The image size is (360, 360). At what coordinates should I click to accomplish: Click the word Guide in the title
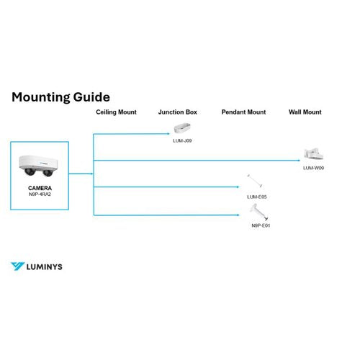[x=91, y=97]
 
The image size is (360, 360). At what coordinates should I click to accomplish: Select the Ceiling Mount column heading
[x=116, y=112]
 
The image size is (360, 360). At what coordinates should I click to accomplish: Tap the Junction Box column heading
[x=178, y=112]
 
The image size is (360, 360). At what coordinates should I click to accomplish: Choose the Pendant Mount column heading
[x=243, y=112]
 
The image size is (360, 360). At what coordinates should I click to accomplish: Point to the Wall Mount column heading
[x=305, y=112]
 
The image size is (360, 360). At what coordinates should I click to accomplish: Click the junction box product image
[x=182, y=128]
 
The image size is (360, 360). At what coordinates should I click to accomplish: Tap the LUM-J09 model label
[x=182, y=140]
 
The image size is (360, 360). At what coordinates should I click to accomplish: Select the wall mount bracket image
[x=313, y=154]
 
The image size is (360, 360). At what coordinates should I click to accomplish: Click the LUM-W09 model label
[x=313, y=168]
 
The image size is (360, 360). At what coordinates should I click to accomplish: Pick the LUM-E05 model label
[x=257, y=197]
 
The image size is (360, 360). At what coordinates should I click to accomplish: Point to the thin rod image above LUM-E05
[x=255, y=181]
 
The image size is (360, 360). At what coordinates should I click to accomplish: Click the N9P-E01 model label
[x=261, y=225]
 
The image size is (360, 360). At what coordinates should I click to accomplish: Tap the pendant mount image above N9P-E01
[x=258, y=212]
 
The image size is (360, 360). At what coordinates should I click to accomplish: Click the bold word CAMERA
[x=40, y=188]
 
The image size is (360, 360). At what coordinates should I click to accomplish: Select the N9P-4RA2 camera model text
[x=40, y=194]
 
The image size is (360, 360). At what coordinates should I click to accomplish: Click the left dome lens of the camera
[x=30, y=171]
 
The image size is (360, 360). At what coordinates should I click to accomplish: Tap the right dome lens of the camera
[x=48, y=173]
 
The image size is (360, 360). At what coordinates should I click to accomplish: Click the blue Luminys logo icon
[x=17, y=266]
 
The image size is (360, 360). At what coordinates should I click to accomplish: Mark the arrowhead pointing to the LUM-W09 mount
[x=299, y=161]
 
